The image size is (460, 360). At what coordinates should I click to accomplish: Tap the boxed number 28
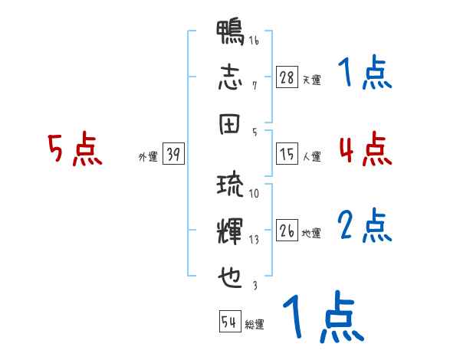(287, 77)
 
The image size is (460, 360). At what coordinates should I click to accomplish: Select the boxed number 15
(287, 155)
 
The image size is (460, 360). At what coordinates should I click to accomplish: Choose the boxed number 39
(173, 155)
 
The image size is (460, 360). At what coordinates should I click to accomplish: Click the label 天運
(311, 80)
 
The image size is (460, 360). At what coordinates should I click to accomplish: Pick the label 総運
(254, 324)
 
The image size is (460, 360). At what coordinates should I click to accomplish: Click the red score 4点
(365, 148)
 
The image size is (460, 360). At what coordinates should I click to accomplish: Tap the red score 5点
(74, 149)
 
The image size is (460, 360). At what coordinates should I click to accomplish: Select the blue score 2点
(365, 225)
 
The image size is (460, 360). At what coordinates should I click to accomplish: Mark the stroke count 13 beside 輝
(254, 239)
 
